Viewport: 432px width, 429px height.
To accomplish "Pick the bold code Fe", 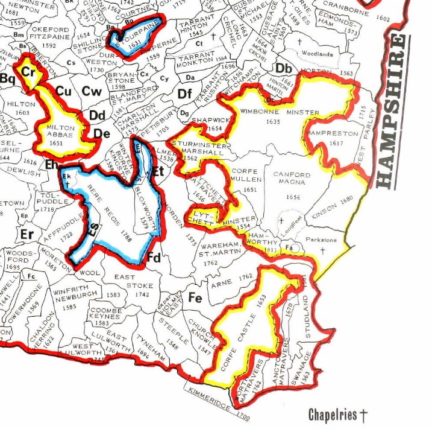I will [195, 297].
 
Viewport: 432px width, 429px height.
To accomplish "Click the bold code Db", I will [284, 67].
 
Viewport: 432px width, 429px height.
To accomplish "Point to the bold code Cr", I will [28, 71].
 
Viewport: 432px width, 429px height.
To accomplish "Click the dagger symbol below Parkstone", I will [323, 249].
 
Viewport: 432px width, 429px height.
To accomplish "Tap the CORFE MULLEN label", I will [246, 176].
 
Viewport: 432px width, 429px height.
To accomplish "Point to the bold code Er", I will [27, 234].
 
